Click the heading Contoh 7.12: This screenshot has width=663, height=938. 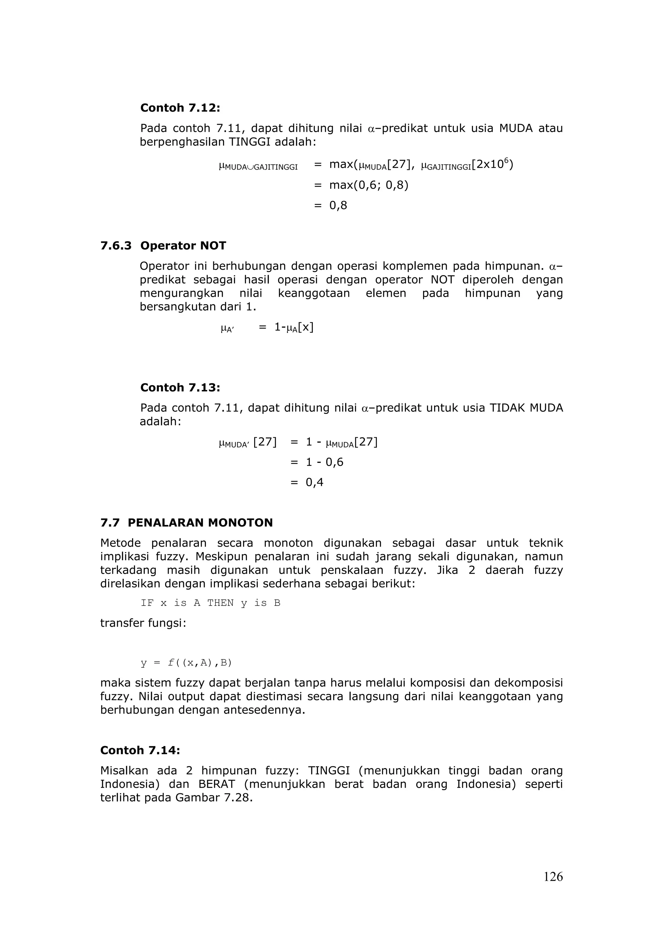[180, 108]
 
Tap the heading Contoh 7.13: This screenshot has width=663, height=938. [180, 387]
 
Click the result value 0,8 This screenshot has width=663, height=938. [338, 206]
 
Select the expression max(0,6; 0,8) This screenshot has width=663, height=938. [368, 185]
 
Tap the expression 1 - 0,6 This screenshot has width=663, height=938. [324, 462]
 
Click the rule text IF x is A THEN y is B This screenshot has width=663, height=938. [210, 603]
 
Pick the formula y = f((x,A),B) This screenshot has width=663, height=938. [186, 663]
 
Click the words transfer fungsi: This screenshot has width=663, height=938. [143, 623]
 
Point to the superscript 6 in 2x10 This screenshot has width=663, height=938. [506, 160]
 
